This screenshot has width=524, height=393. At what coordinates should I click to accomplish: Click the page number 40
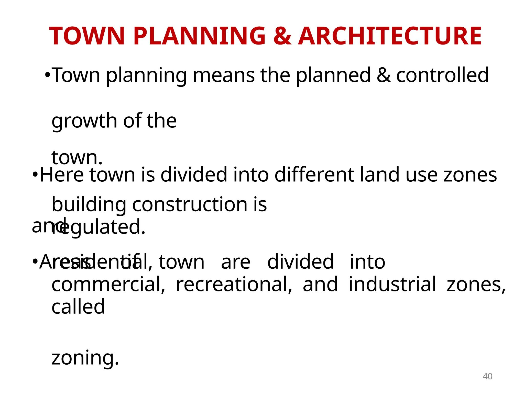pos(487,376)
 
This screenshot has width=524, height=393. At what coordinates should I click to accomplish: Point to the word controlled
pos(442,75)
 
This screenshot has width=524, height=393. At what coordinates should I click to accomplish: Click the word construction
pos(190,204)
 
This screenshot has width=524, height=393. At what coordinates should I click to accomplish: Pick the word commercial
pos(108,284)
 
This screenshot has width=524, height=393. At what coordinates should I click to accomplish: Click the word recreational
pos(234,284)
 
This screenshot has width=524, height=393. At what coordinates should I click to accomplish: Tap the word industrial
pos(392,284)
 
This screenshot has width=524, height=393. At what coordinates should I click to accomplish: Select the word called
pos(78,307)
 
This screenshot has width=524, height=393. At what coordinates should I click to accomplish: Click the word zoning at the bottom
pos(85,358)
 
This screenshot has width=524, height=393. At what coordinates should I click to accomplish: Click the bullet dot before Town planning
pos(47,75)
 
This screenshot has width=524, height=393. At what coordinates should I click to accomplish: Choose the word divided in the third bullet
pos(300,262)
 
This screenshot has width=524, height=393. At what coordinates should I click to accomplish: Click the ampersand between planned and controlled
pos(384,75)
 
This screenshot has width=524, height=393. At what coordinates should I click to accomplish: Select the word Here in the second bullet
pos(62,175)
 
